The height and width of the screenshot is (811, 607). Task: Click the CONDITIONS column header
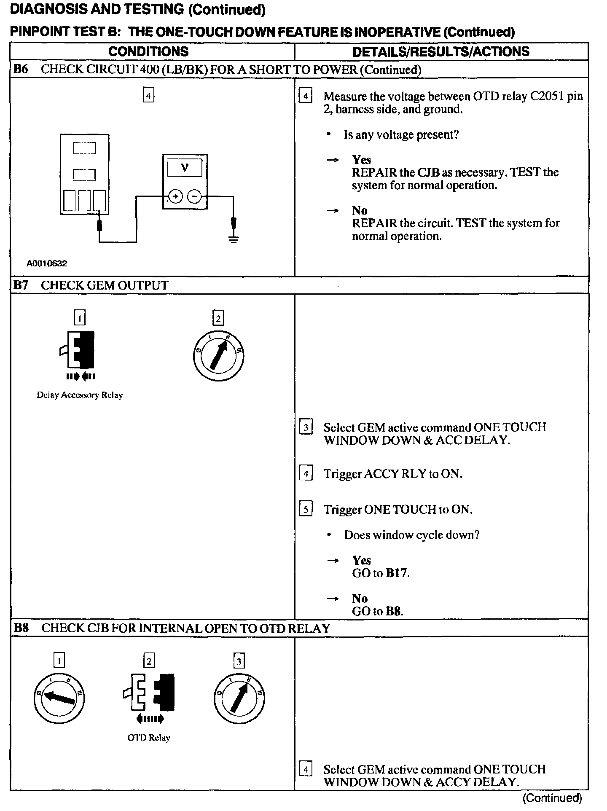pyautogui.click(x=148, y=52)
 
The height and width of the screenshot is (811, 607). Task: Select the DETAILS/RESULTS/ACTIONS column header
pyautogui.click(x=441, y=52)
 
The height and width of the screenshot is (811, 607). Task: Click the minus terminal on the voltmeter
pyautogui.click(x=194, y=196)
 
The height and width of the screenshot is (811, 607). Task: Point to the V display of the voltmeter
pyautogui.click(x=185, y=168)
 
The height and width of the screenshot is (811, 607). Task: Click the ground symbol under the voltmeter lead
pyautogui.click(x=234, y=239)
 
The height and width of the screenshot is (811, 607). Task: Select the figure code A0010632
pyautogui.click(x=47, y=264)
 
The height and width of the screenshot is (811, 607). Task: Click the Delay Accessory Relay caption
pyautogui.click(x=80, y=395)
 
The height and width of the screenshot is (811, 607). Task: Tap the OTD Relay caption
pyautogui.click(x=149, y=738)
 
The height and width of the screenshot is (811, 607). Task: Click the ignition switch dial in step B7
pyautogui.click(x=218, y=357)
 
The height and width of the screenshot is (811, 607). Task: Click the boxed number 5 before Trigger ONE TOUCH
pyautogui.click(x=306, y=510)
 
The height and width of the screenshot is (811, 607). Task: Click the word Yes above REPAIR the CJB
pyautogui.click(x=362, y=160)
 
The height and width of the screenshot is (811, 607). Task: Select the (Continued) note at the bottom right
pyautogui.click(x=552, y=798)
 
